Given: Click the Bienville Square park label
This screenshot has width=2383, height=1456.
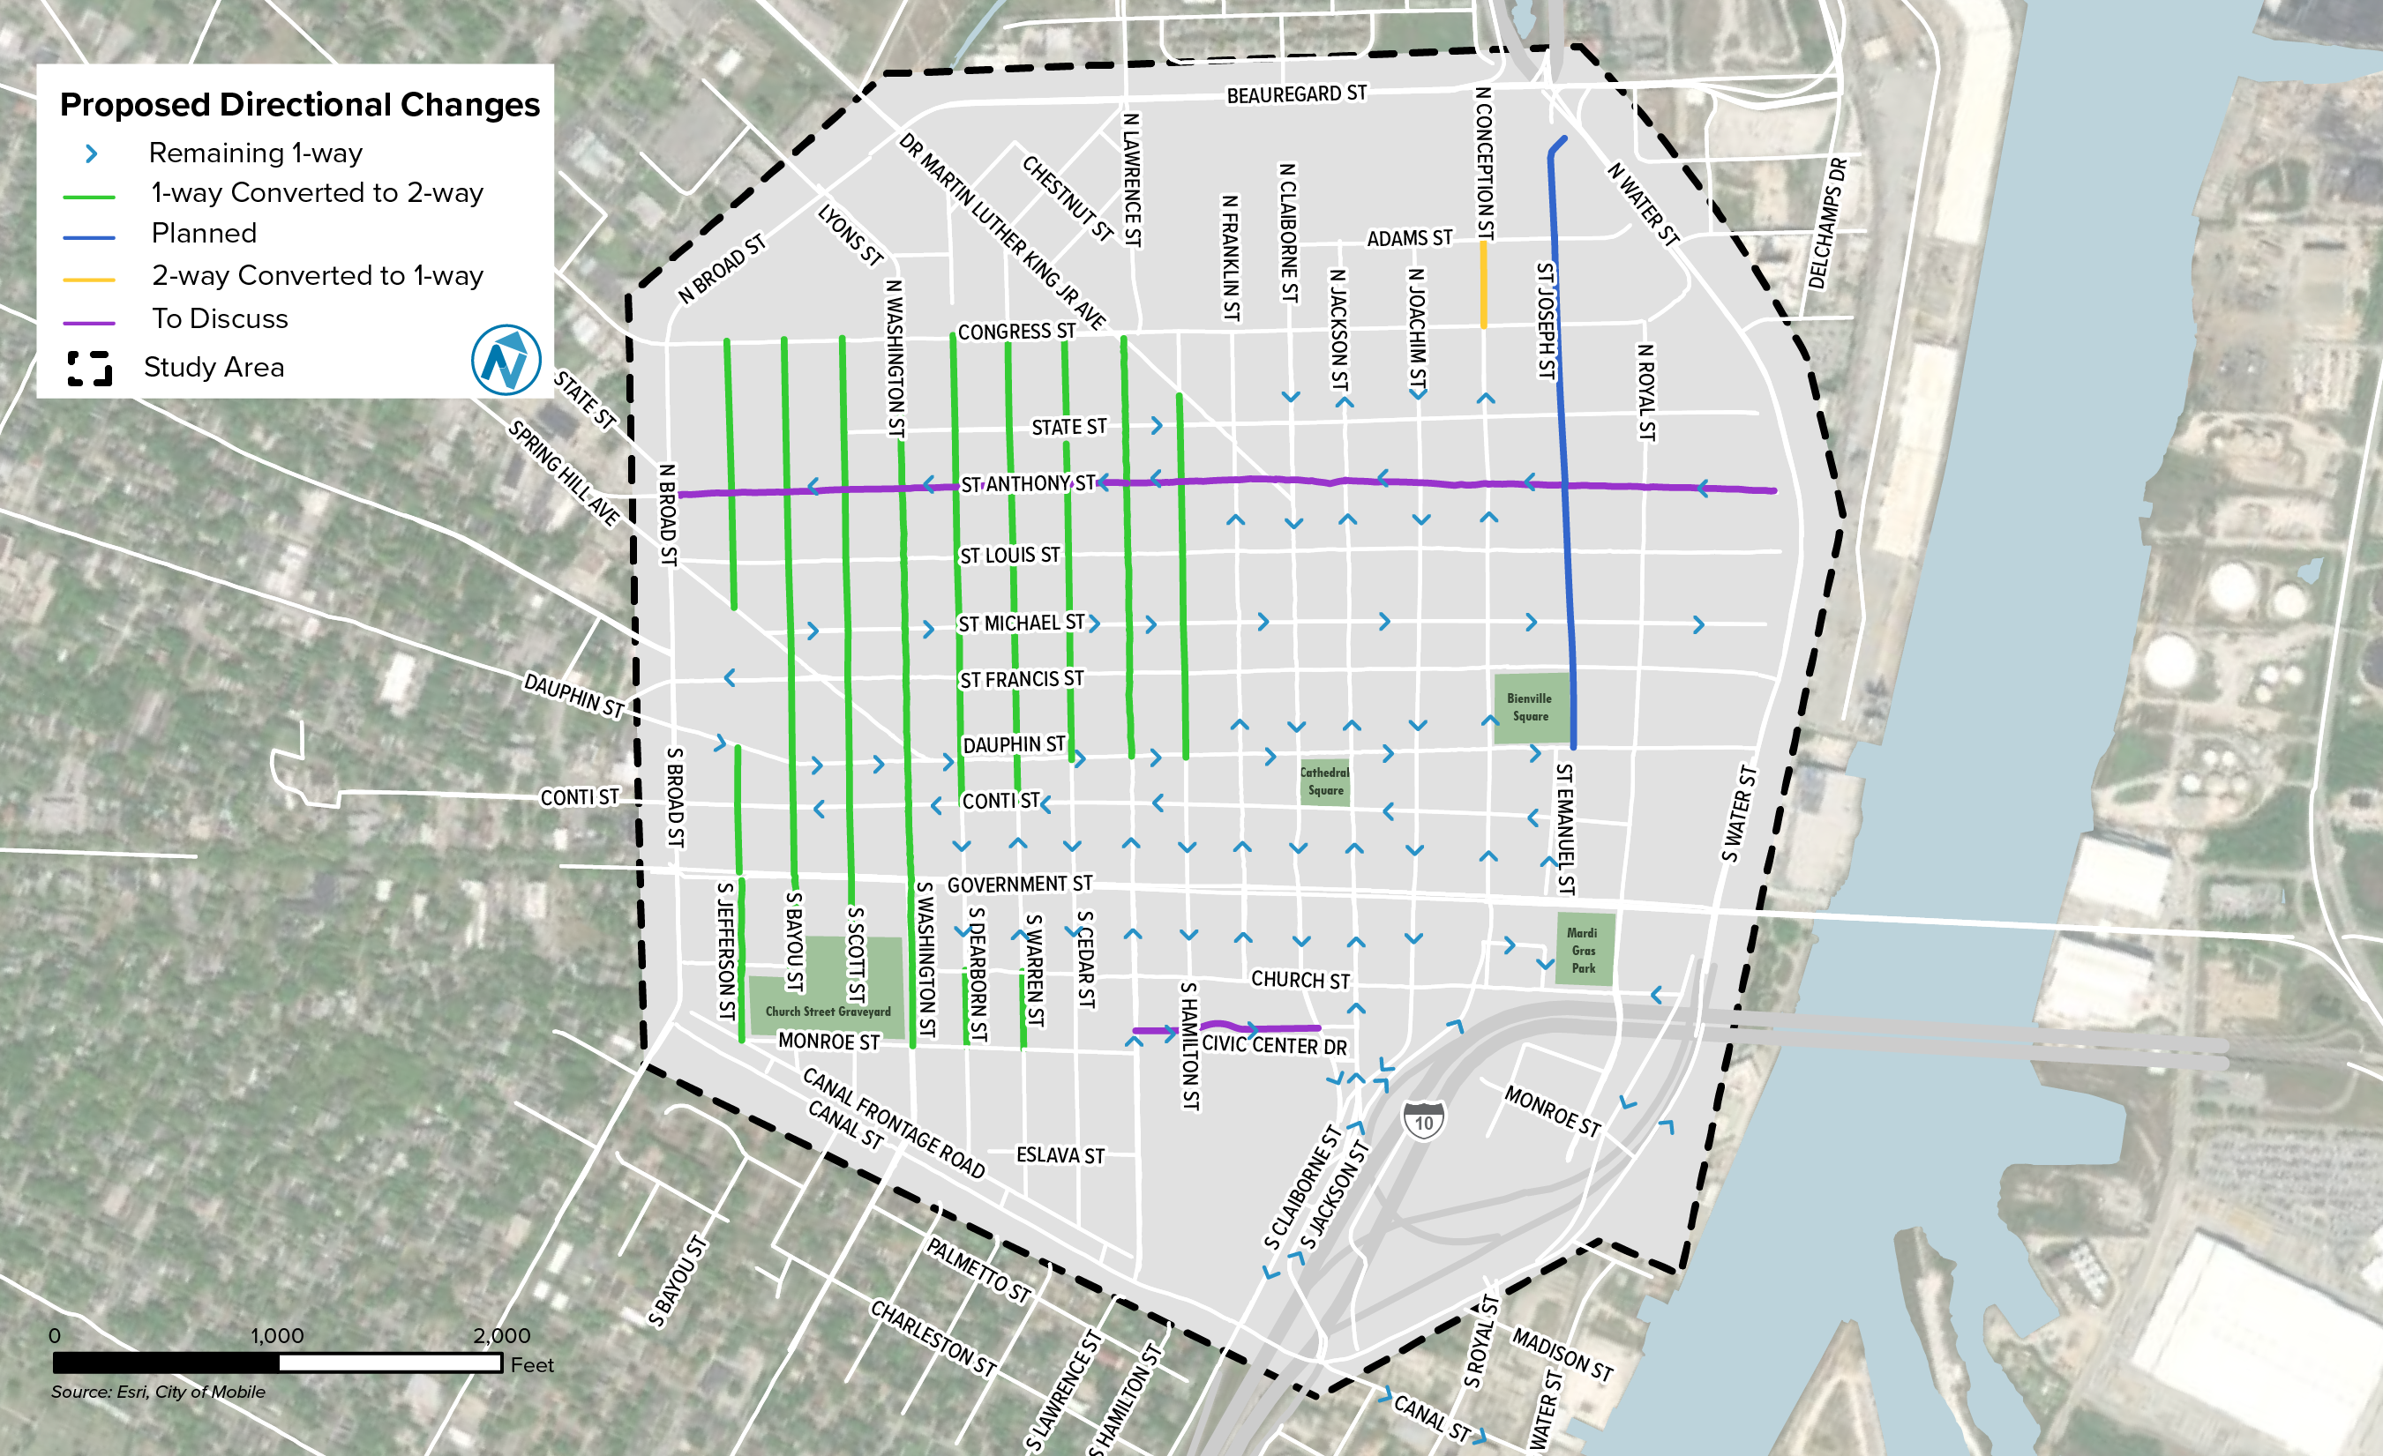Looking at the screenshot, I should [1529, 706].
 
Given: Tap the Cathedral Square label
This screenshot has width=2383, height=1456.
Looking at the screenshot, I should [1324, 781].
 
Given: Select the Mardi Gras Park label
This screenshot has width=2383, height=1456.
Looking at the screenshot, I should [1582, 950].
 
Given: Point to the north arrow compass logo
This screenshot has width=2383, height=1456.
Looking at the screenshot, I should [506, 360].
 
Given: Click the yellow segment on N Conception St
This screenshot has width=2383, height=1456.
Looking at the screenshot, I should [1484, 285].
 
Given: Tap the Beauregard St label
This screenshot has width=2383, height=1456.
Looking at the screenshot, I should [1296, 94].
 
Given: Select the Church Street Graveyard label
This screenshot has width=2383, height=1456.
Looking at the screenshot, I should [828, 1012].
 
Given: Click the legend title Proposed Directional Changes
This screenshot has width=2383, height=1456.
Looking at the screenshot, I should [300, 104].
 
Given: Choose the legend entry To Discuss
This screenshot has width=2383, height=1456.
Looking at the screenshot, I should [220, 319].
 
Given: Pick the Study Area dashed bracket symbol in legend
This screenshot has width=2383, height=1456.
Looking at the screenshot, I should [90, 369].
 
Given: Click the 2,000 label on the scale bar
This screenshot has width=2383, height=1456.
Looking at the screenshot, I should [501, 1335].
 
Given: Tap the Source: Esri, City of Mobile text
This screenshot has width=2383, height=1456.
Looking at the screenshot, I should [158, 1392].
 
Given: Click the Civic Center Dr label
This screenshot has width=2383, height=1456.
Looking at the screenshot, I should [1274, 1045].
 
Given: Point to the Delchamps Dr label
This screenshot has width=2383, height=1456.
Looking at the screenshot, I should [1827, 224].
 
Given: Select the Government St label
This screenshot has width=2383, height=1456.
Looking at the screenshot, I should [1019, 884].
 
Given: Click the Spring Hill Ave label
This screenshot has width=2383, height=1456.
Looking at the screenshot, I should [564, 473].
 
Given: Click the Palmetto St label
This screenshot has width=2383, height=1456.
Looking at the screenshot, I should [978, 1269].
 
